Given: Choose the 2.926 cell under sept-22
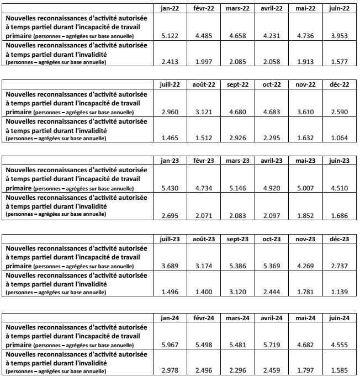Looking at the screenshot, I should tap(237, 137).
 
